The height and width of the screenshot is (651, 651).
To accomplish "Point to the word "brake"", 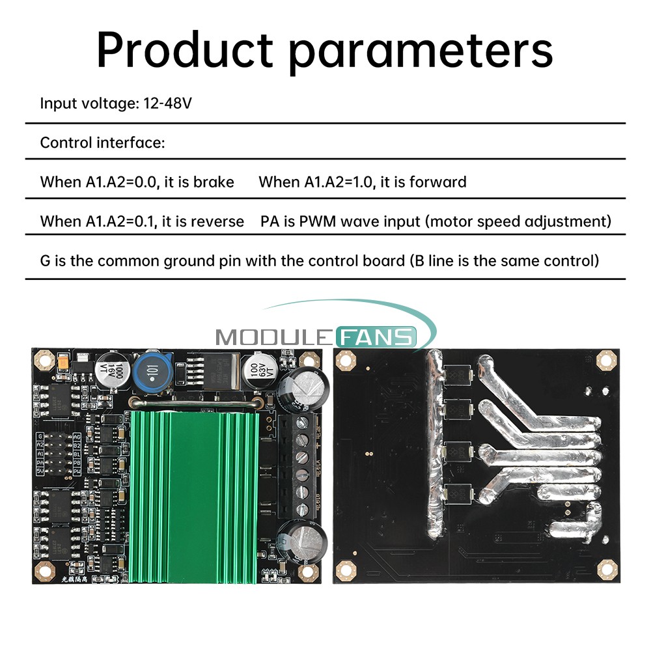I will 214,182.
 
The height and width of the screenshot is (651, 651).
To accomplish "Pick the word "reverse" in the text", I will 217,221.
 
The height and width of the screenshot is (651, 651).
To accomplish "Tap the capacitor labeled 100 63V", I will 255,376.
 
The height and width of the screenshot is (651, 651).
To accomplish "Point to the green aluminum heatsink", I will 193,495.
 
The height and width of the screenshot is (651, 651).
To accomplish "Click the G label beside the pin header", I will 41,436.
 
